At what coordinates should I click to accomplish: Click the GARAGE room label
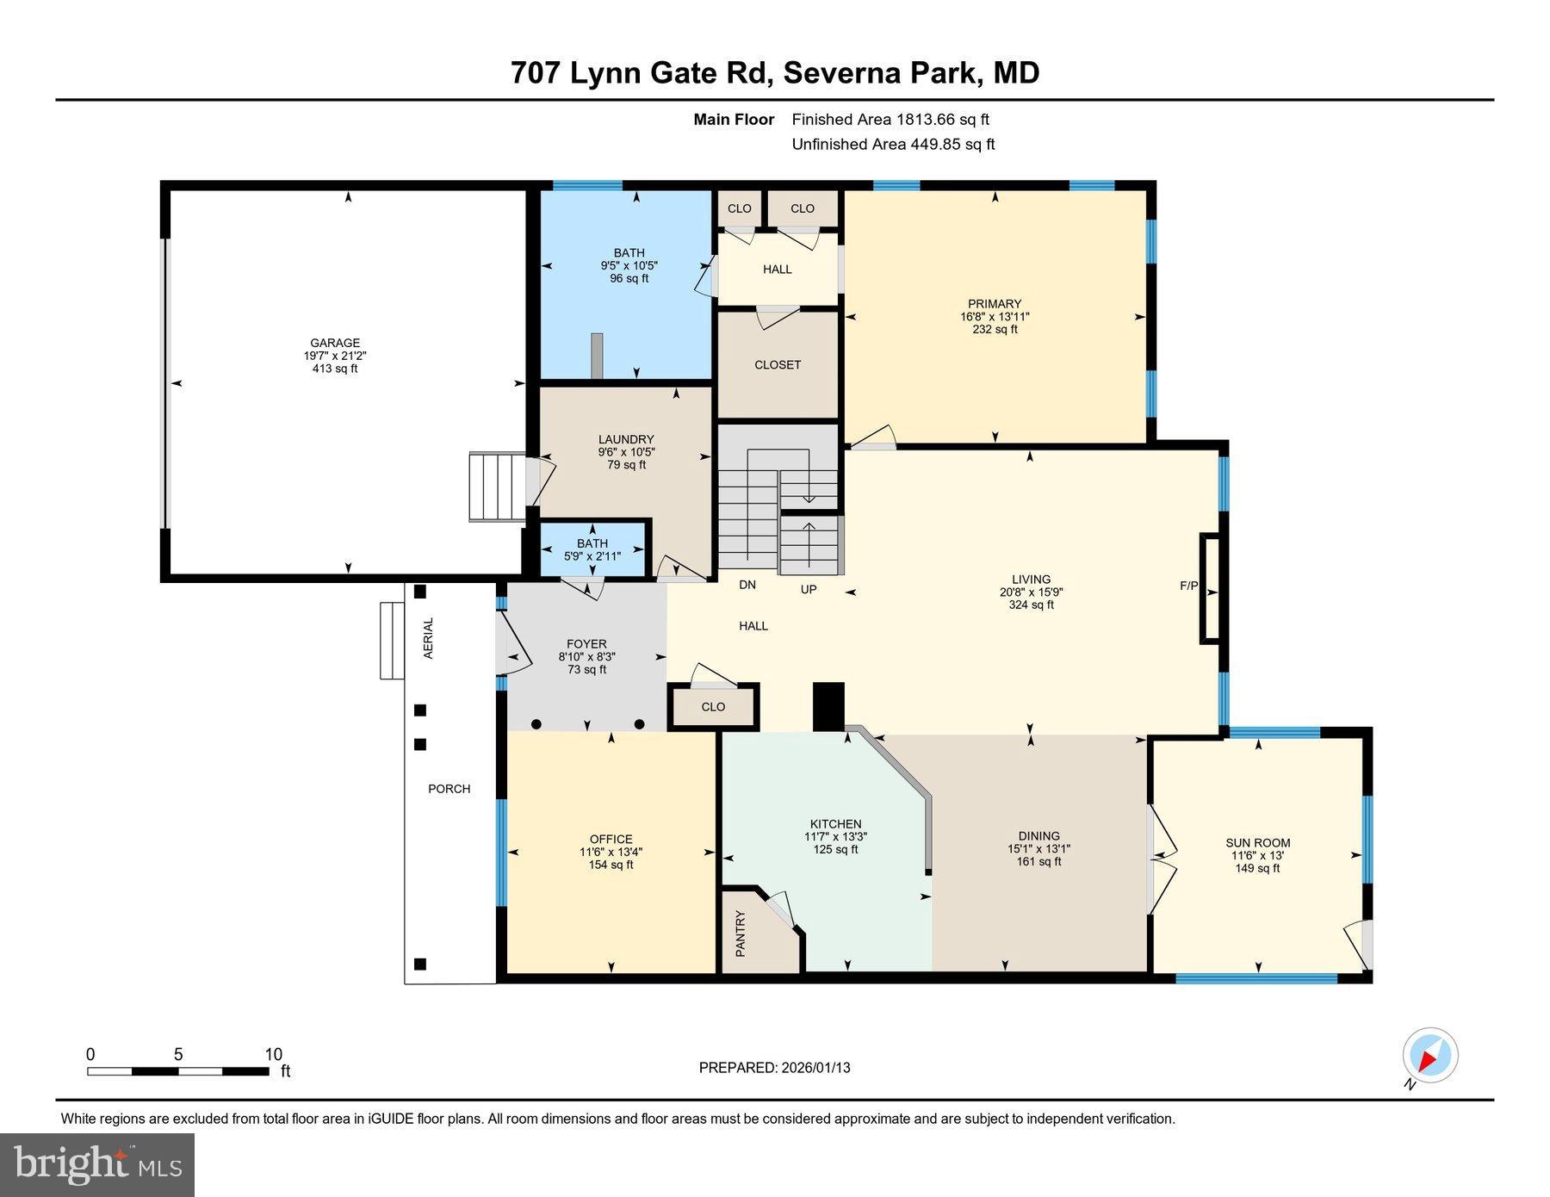335,343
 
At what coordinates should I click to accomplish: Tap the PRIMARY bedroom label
995,303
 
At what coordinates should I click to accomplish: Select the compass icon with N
1429,1056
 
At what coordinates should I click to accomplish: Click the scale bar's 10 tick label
273,1055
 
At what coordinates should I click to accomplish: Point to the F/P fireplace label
1188,586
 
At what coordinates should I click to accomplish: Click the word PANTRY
741,933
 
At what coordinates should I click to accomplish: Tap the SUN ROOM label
1257,843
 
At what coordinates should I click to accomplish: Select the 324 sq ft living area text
1031,605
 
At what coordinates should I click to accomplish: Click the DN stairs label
747,585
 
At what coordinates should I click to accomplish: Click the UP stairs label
808,589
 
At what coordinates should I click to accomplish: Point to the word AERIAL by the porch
429,638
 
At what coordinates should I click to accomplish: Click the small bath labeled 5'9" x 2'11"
592,549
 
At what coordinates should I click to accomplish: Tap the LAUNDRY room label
626,439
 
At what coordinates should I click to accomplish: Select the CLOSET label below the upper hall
778,365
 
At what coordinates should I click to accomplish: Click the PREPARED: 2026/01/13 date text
774,1068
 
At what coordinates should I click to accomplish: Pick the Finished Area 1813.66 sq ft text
890,120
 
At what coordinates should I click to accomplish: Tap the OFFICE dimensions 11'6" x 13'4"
611,852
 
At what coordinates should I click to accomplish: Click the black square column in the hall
829,706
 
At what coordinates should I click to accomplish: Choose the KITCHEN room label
835,824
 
